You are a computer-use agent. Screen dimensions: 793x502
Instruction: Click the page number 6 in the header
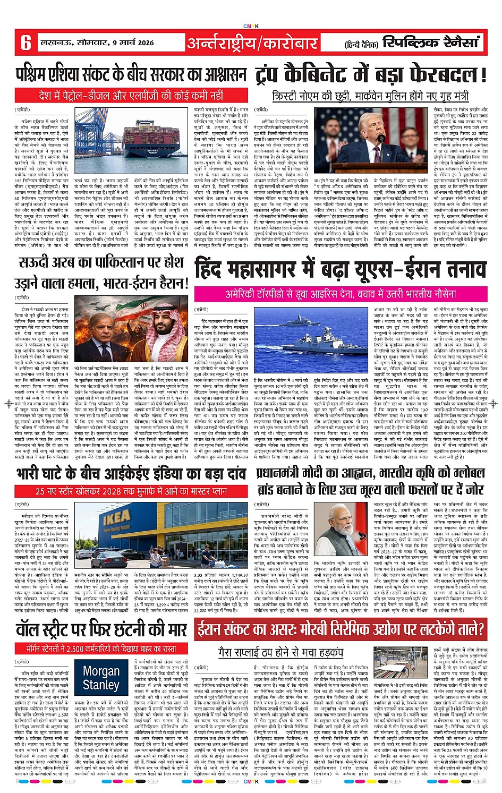(25, 42)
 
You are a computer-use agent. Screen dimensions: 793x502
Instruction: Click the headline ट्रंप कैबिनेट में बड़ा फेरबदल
(371, 74)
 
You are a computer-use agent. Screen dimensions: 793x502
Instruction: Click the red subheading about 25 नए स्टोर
(131, 492)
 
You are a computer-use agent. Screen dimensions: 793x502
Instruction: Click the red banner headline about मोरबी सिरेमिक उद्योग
(341, 630)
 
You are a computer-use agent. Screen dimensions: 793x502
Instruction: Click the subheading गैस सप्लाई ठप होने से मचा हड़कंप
(280, 652)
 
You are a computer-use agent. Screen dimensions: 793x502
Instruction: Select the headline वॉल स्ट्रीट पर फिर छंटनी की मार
(101, 630)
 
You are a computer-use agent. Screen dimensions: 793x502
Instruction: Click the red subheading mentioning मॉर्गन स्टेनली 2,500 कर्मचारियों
(101, 649)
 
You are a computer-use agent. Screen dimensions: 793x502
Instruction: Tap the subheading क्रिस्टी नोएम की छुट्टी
(370, 96)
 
